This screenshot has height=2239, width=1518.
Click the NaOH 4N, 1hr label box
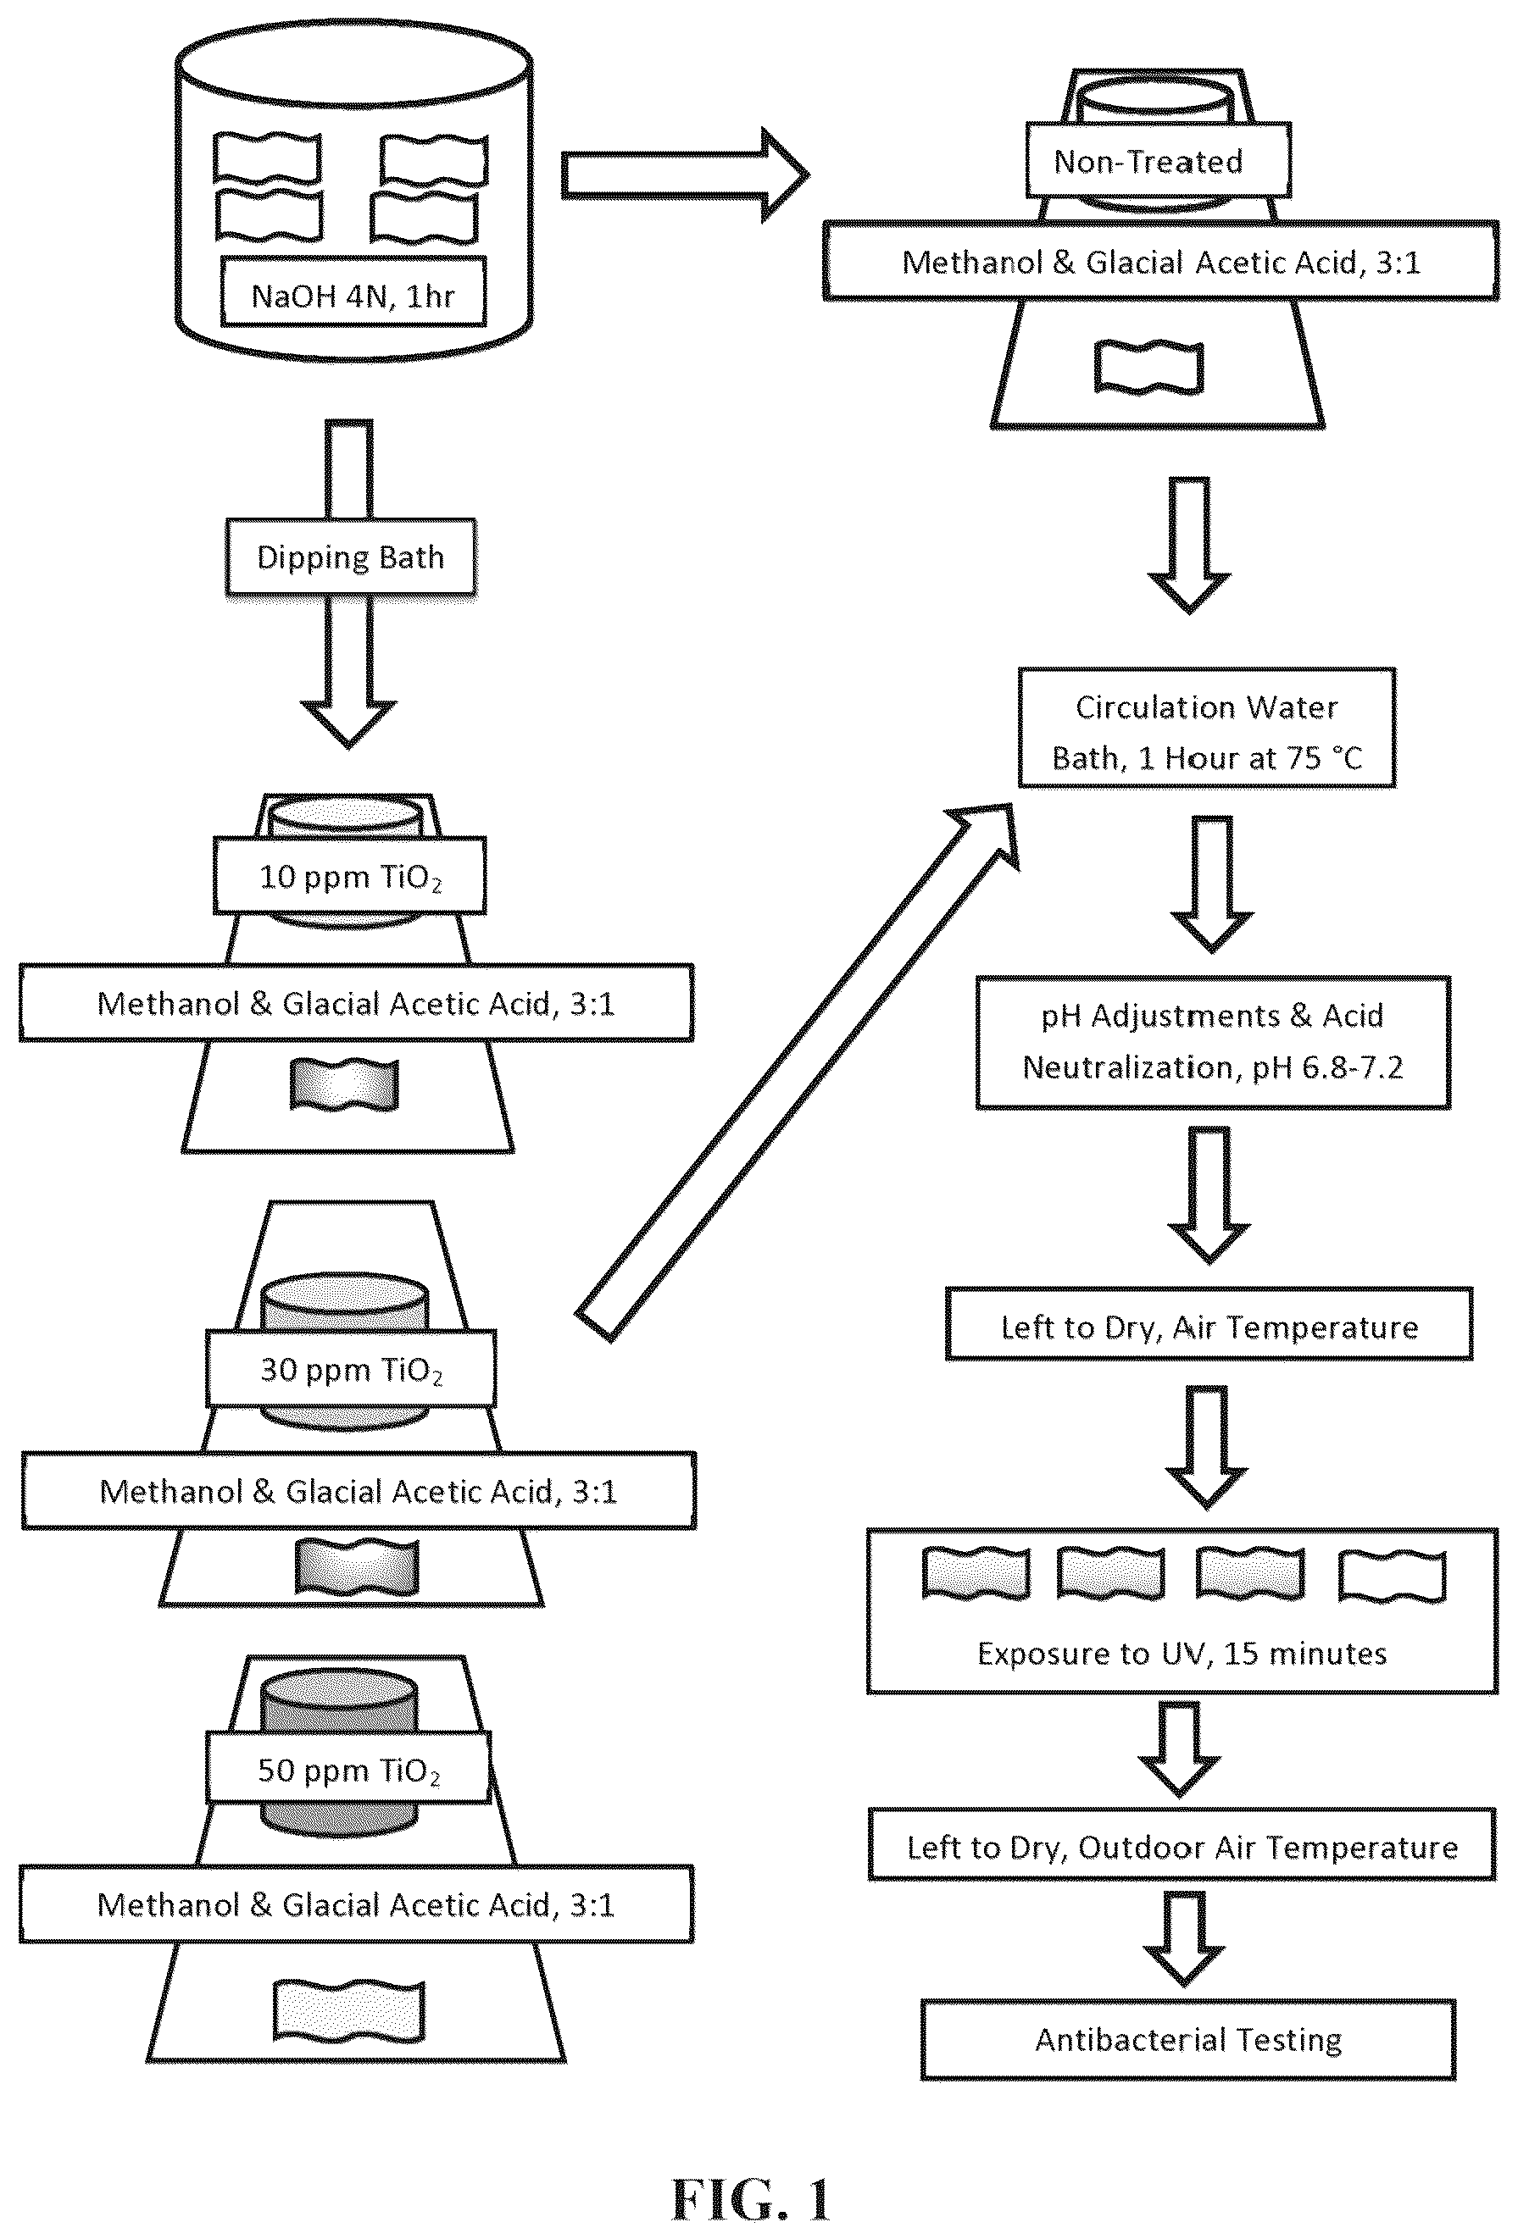353,292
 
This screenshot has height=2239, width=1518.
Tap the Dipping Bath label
351,557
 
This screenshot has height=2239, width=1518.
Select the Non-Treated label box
1158,160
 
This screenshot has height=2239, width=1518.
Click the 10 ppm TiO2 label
350,876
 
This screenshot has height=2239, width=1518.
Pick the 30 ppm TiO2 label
351,1369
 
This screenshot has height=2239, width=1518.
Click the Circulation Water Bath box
1207,729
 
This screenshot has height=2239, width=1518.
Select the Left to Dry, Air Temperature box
1209,1325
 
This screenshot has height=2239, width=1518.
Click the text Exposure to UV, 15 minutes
1182,1654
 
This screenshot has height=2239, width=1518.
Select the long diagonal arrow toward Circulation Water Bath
796,1072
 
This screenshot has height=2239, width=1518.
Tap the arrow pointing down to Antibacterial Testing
1183,1937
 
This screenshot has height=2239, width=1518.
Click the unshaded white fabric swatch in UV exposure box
1392,1575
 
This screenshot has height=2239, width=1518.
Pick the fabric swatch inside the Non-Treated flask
1148,366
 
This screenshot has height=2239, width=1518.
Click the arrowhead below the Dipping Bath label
349,723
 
